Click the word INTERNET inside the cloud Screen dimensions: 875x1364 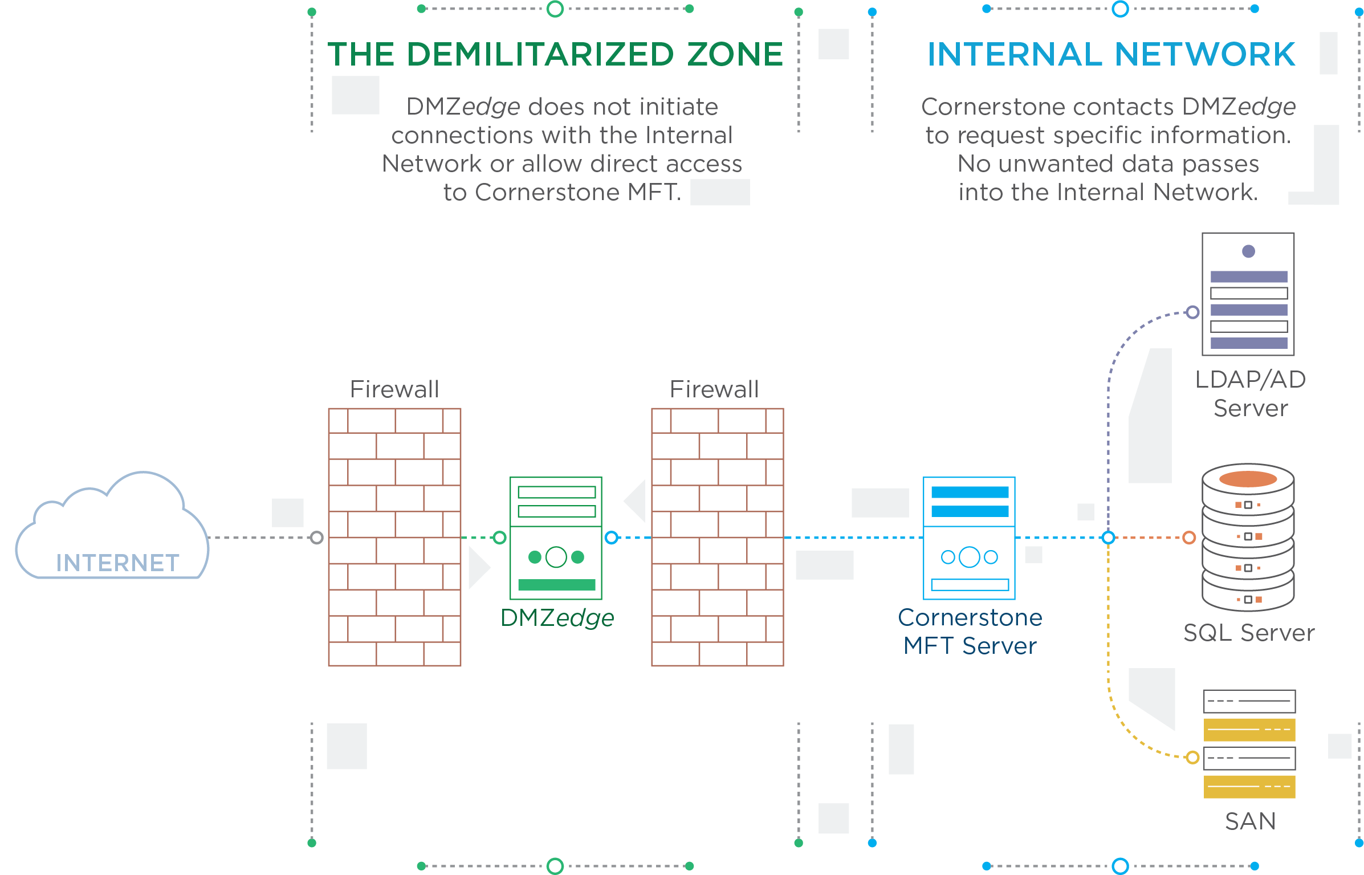pyautogui.click(x=117, y=563)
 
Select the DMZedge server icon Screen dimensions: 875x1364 pyautogui.click(x=556, y=538)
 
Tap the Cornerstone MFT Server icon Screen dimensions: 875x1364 pyautogui.click(x=969, y=538)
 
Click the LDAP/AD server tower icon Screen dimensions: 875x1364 pyautogui.click(x=1248, y=294)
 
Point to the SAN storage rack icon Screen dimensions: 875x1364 pyautogui.click(x=1249, y=744)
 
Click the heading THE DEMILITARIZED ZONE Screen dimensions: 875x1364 pyautogui.click(x=556, y=54)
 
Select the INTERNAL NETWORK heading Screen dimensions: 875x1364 pyautogui.click(x=1111, y=54)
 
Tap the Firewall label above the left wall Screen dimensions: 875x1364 pyautogui.click(x=394, y=389)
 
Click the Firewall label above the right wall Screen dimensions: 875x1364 pyautogui.click(x=714, y=389)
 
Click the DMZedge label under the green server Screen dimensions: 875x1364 pyautogui.click(x=557, y=618)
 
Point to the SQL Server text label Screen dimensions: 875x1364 pyautogui.click(x=1249, y=633)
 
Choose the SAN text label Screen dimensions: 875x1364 pyautogui.click(x=1250, y=821)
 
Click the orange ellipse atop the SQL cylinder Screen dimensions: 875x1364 pyautogui.click(x=1248, y=479)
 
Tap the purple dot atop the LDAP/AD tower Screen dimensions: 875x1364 pyautogui.click(x=1248, y=251)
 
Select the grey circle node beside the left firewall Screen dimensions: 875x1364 pyautogui.click(x=317, y=538)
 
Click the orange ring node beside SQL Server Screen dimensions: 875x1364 pyautogui.click(x=1189, y=538)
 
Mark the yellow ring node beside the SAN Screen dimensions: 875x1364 pyautogui.click(x=1192, y=758)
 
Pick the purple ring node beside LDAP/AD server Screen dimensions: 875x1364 pyautogui.click(x=1192, y=312)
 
